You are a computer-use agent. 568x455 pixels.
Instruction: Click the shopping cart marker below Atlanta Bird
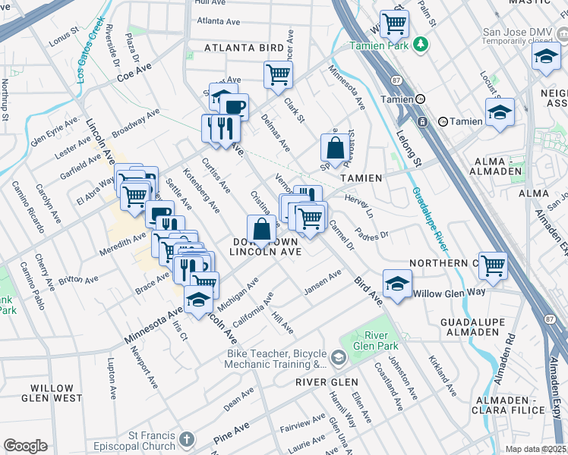point(279,74)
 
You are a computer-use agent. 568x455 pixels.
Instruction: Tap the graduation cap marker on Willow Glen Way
point(397,284)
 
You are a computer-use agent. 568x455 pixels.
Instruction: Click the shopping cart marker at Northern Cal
point(493,265)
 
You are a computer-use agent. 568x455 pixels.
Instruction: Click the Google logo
point(25,446)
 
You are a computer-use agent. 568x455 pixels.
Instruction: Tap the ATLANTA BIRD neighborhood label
point(245,47)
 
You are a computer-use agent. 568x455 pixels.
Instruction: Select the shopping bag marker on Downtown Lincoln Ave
point(261,228)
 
